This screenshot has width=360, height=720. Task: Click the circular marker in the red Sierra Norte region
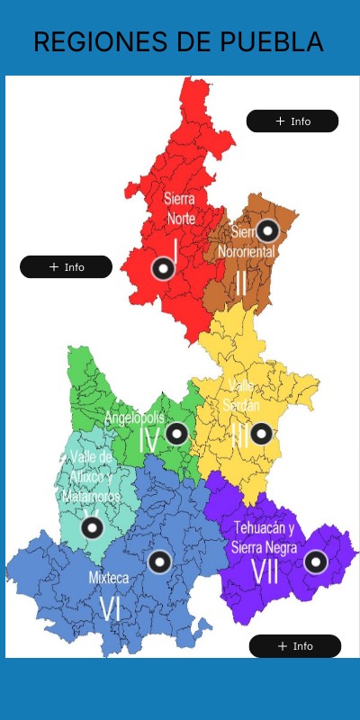[x=163, y=267]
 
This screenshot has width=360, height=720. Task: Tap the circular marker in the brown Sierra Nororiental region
[x=267, y=230]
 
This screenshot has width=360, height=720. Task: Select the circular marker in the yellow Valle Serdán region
[x=260, y=434]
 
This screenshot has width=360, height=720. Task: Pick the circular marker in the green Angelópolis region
[x=176, y=434]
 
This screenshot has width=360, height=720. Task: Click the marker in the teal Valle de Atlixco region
[x=92, y=527]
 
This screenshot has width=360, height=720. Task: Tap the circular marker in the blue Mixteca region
[x=159, y=562]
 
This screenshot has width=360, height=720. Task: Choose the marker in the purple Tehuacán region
[x=315, y=562]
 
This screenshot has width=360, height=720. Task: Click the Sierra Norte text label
[x=180, y=208]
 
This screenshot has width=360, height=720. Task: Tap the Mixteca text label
[x=109, y=578]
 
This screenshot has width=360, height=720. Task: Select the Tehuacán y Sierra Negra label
[x=265, y=537]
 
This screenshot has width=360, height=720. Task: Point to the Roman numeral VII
[x=265, y=572]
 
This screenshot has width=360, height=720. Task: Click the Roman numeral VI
[x=110, y=608]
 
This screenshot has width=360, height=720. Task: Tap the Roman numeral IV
[x=149, y=441]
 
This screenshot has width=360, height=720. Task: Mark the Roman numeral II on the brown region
[x=241, y=283]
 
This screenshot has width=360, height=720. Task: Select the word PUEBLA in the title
[x=274, y=41]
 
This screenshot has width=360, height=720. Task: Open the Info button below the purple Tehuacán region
[x=295, y=646]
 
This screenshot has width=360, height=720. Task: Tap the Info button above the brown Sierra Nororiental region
[x=292, y=121]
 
